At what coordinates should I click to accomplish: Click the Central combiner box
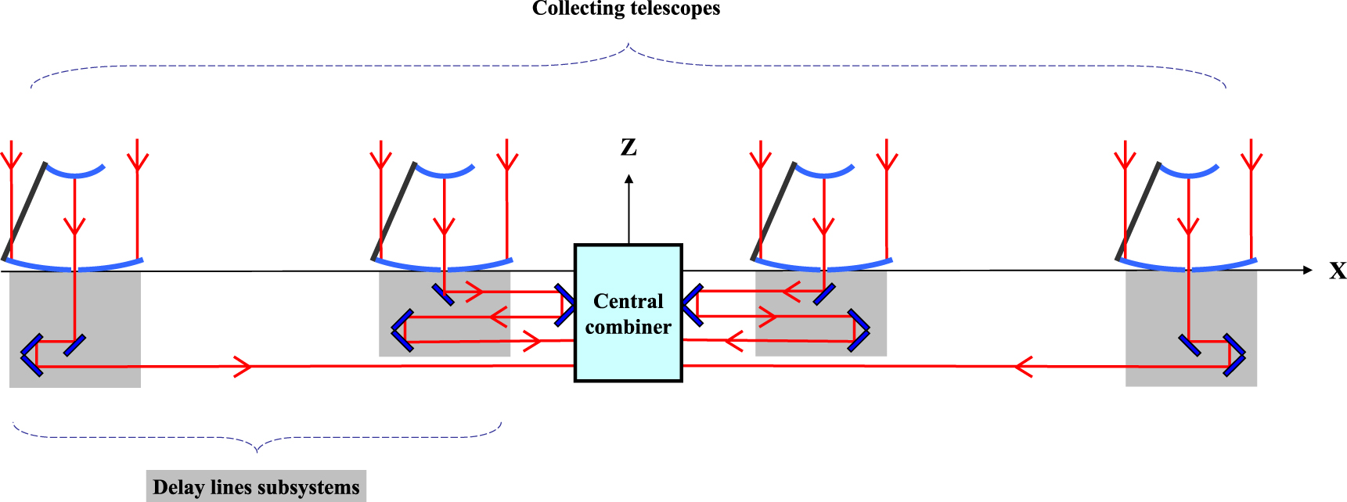click(x=628, y=313)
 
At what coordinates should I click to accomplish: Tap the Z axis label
click(x=628, y=147)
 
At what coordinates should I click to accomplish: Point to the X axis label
click(x=1338, y=271)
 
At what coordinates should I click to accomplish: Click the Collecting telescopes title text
click(x=626, y=9)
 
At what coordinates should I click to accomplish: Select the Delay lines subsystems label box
click(x=256, y=486)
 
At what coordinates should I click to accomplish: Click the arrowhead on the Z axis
click(x=628, y=179)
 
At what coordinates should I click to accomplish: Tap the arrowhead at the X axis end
click(x=1308, y=270)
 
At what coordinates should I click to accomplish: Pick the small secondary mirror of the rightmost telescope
click(x=1188, y=171)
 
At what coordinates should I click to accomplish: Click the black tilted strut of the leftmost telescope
click(x=25, y=211)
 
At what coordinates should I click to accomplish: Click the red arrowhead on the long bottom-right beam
click(x=1023, y=366)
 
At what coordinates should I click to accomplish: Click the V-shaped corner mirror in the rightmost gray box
click(x=1235, y=355)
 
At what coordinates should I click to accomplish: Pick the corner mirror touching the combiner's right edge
click(x=691, y=305)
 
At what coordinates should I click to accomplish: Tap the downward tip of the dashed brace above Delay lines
click(x=258, y=450)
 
